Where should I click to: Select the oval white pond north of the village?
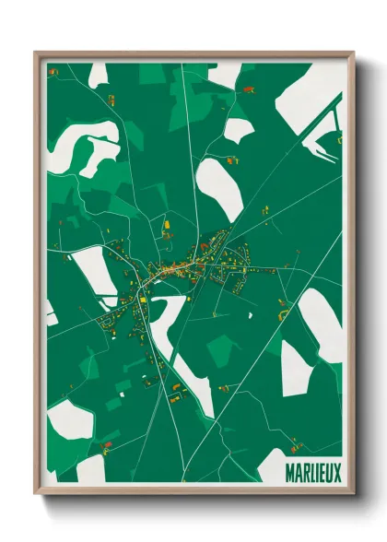point(219,189)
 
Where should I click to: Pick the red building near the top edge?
point(248,89)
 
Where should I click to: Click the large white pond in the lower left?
point(69,420)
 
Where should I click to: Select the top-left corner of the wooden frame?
point(37,53)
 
